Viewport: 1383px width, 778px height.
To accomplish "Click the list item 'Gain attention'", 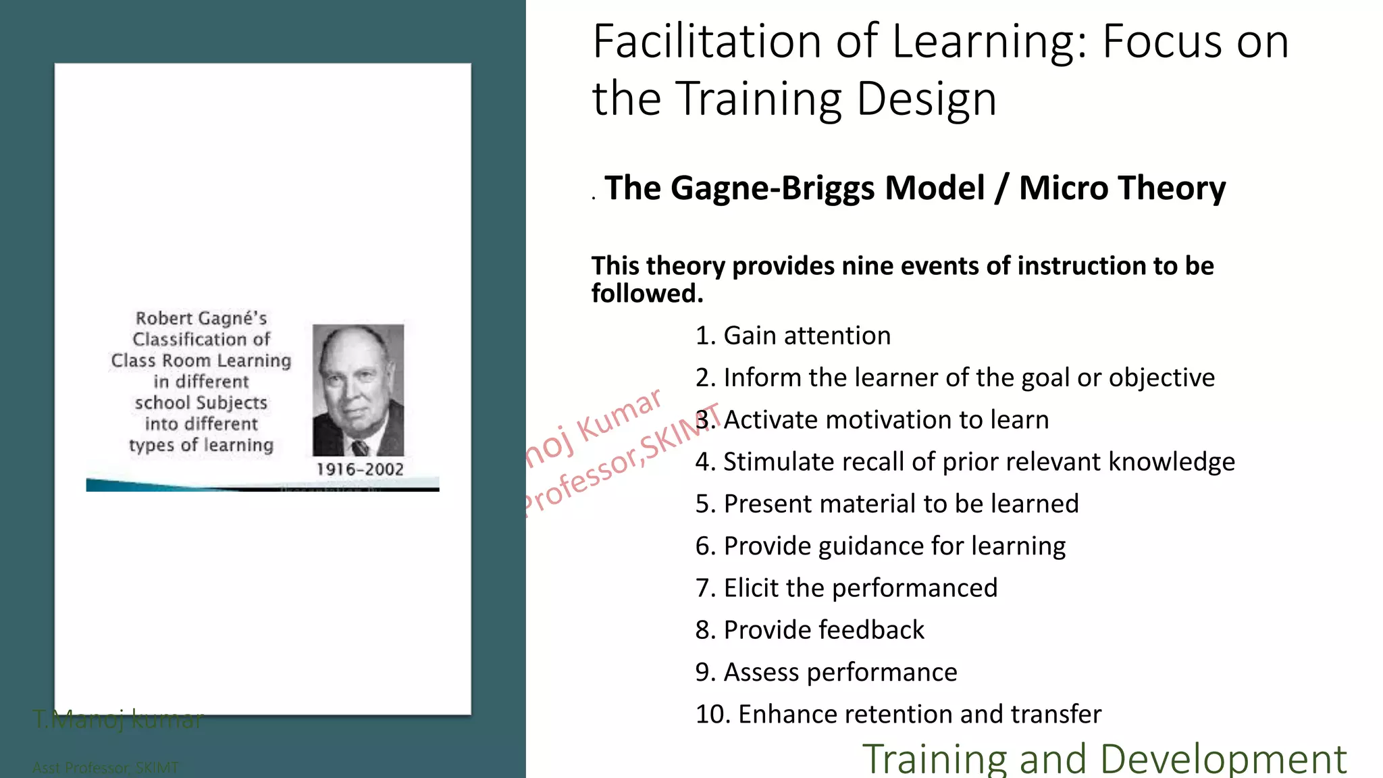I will (793, 336).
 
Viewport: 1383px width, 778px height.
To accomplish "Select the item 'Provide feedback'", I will (810, 630).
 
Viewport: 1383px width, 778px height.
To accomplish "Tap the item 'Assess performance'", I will (826, 673).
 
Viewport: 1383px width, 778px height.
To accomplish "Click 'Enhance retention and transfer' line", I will (898, 715).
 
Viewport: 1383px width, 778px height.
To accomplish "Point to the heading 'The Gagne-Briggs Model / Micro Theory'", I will (914, 188).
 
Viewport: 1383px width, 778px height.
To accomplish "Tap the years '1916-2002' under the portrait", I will (360, 469).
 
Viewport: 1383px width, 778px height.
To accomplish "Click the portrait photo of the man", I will (358, 390).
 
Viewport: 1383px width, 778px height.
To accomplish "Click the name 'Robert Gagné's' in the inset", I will (201, 318).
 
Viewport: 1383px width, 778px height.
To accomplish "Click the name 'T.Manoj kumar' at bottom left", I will (118, 720).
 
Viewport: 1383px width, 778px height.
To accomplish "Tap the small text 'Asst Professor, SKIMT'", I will (105, 768).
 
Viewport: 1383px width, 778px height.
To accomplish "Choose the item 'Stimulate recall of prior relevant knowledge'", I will (965, 462).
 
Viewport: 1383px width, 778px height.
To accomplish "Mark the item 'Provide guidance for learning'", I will (881, 546).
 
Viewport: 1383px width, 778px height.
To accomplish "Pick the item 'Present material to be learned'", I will (887, 504).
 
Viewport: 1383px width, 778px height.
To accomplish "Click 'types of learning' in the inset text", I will (201, 445).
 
